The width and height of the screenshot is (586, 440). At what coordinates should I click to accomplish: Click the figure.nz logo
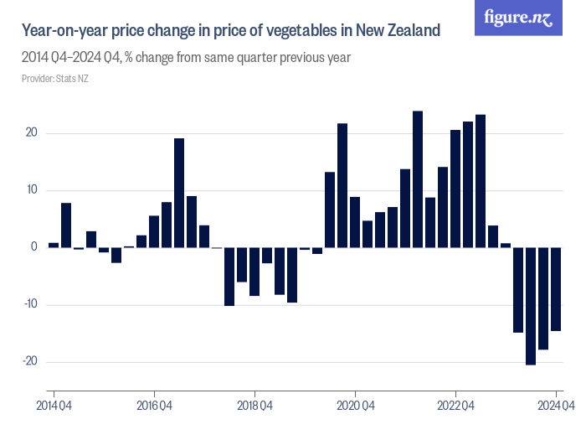518,18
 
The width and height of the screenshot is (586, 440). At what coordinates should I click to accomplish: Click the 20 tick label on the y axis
31,133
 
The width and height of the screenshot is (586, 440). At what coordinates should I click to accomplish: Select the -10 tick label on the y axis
29,304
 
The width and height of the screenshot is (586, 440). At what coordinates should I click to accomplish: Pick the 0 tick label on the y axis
34,247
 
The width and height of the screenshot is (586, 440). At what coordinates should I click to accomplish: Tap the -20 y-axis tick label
29,361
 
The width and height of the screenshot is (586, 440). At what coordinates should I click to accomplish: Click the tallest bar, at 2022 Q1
418,179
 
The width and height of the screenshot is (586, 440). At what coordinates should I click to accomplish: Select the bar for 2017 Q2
179,193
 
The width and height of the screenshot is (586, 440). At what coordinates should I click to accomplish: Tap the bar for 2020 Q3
342,185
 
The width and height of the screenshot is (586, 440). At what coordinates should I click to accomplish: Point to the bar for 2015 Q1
66,225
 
